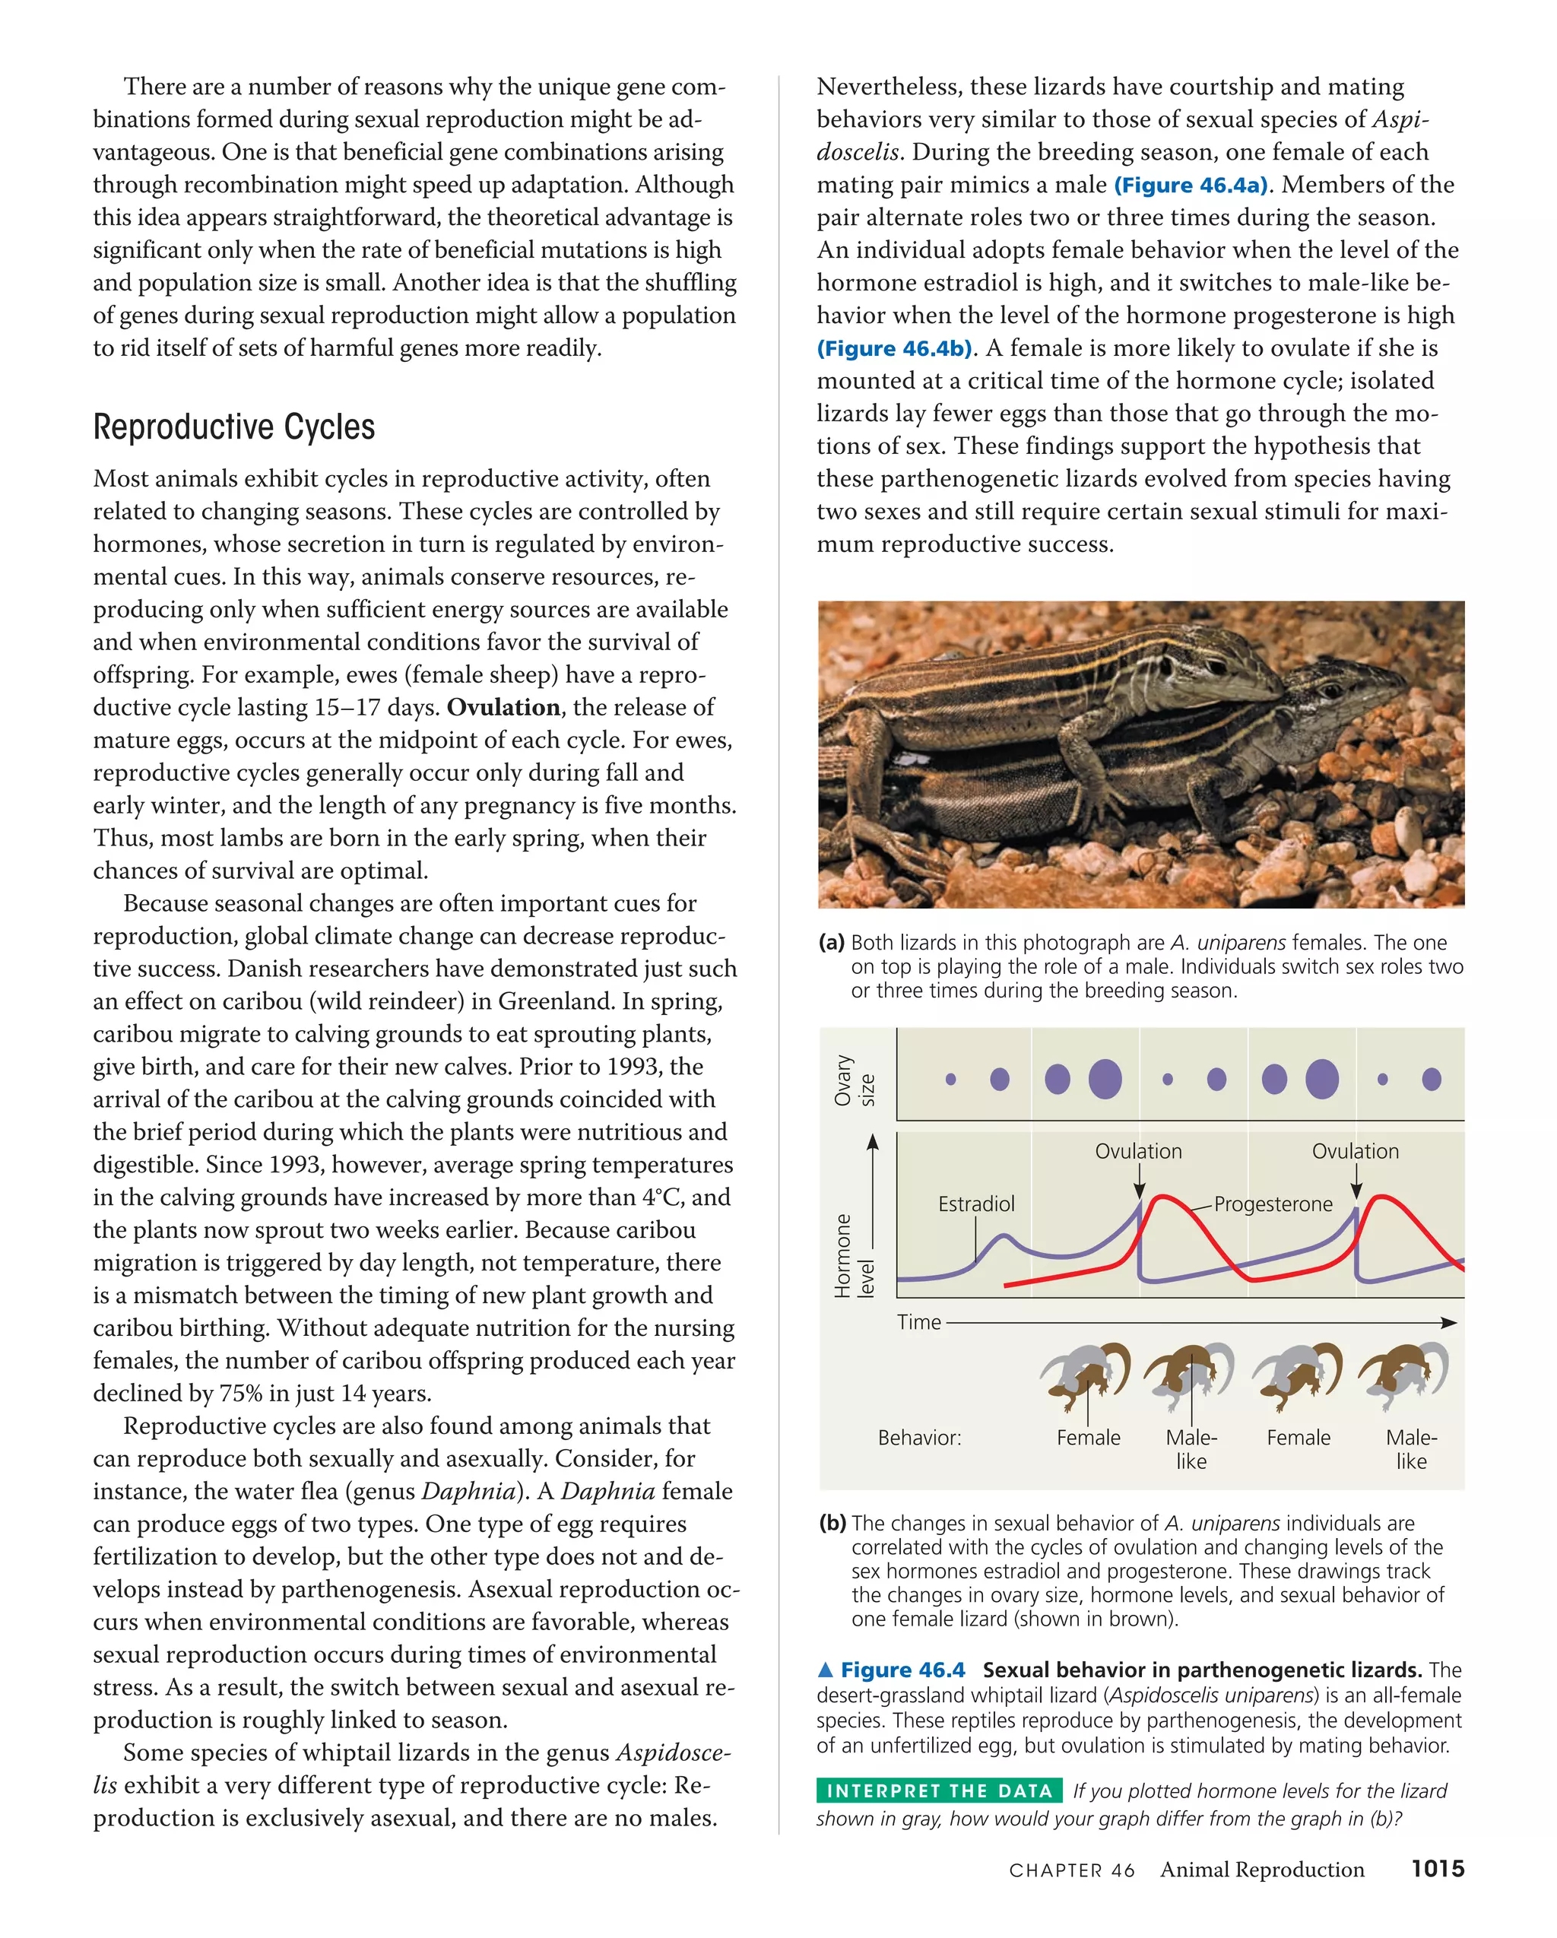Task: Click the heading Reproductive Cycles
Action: point(233,427)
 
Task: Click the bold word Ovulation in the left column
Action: point(503,707)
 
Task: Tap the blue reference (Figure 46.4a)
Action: point(1191,186)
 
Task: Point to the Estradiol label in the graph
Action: point(975,1204)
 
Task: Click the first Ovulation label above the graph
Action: point(1137,1152)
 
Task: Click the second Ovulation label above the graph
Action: point(1355,1152)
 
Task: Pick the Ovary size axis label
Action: point(853,1080)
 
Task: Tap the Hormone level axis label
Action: point(853,1256)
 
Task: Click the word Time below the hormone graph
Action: point(918,1322)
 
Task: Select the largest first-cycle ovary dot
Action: point(1105,1079)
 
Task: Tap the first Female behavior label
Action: point(1088,1437)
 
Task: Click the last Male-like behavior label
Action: point(1410,1448)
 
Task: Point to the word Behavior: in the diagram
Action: point(918,1437)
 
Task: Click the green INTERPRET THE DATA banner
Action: point(938,1791)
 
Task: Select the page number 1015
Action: point(1437,1869)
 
